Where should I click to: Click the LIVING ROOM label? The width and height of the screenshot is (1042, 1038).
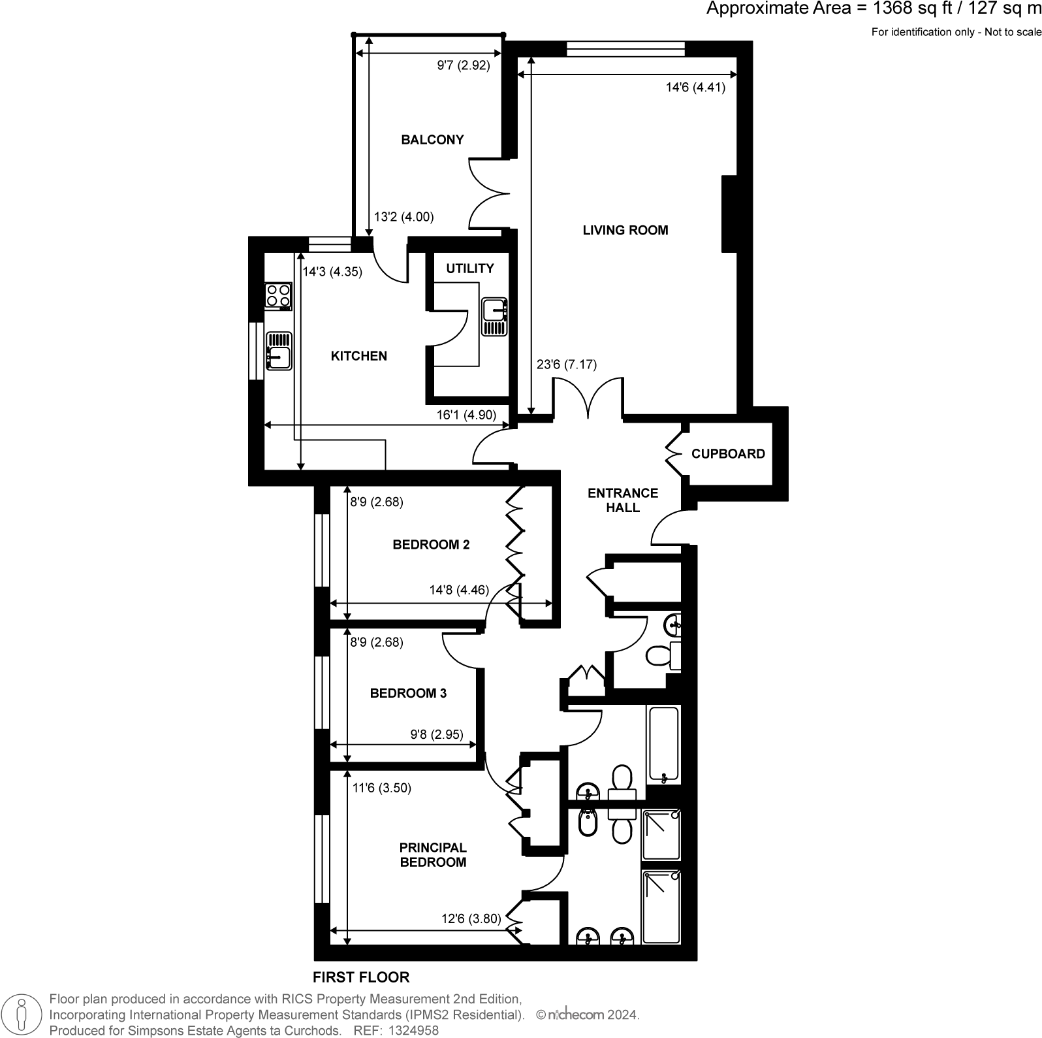(625, 230)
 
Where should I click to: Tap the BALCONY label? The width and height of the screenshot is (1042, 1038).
(432, 140)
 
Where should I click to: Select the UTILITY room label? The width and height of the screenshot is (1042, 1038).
(469, 268)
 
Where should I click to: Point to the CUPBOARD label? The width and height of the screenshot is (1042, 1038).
(727, 453)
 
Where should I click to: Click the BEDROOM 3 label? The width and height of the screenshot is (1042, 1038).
(408, 693)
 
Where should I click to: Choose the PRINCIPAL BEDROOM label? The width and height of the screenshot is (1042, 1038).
(433, 854)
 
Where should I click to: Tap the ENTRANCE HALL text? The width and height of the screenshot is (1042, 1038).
(622, 500)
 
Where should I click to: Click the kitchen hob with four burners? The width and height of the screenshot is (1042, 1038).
(278, 295)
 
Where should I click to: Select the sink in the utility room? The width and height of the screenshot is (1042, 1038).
(494, 316)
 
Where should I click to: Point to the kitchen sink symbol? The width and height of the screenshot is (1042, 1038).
(279, 351)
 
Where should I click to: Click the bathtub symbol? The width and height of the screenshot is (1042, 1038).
(663, 745)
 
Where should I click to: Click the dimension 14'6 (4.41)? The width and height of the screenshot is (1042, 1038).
(695, 87)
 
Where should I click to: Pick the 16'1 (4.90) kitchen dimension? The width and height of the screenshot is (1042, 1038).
(466, 414)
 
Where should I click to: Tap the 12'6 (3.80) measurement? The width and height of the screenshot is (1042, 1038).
(471, 918)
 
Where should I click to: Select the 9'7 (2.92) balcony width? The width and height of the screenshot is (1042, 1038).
(463, 65)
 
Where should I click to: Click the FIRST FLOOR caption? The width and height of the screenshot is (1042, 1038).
(361, 977)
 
